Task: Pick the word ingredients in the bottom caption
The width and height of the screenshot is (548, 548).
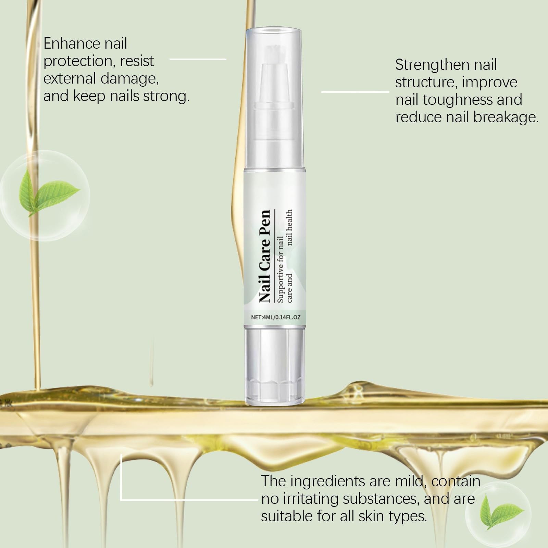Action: (x=326, y=482)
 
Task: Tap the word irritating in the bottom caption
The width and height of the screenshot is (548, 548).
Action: (x=310, y=499)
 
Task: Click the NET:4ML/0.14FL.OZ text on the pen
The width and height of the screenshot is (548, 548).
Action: (x=276, y=317)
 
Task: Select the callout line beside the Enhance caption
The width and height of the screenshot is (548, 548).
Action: (x=198, y=59)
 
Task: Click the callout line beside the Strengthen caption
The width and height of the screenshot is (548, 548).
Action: (x=355, y=92)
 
